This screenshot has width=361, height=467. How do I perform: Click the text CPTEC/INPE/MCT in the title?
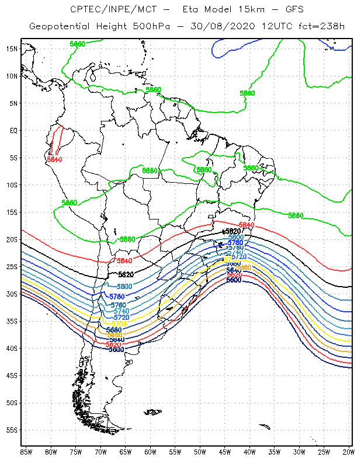click(x=107, y=9)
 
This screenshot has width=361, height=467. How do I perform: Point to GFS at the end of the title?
click(x=280, y=9)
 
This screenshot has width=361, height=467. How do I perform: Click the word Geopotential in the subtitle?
click(x=60, y=26)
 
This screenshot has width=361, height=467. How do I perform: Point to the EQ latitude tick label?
click(x=13, y=130)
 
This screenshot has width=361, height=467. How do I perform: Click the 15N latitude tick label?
click(x=12, y=48)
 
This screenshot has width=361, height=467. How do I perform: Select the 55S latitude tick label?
click(x=12, y=430)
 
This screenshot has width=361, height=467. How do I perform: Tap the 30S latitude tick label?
click(x=12, y=294)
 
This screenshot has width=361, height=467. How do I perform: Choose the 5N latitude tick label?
click(x=13, y=103)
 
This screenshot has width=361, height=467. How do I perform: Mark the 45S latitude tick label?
click(x=12, y=375)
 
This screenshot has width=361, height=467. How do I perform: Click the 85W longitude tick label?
click(x=26, y=452)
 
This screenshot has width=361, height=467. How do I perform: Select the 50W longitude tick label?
click(x=200, y=452)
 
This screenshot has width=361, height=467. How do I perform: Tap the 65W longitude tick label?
click(x=126, y=452)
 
